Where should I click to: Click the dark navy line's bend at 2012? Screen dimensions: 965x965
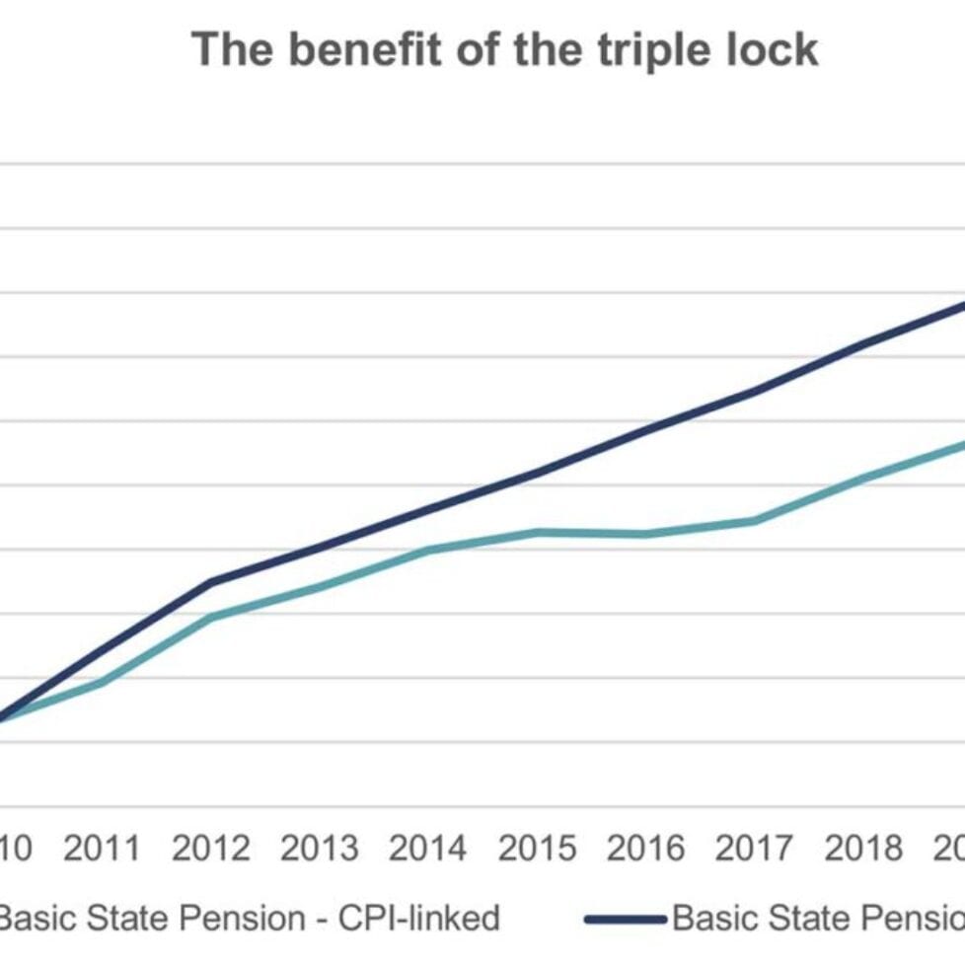(210, 581)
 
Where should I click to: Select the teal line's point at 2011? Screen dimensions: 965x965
(102, 682)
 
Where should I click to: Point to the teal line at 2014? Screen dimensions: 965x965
(428, 550)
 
